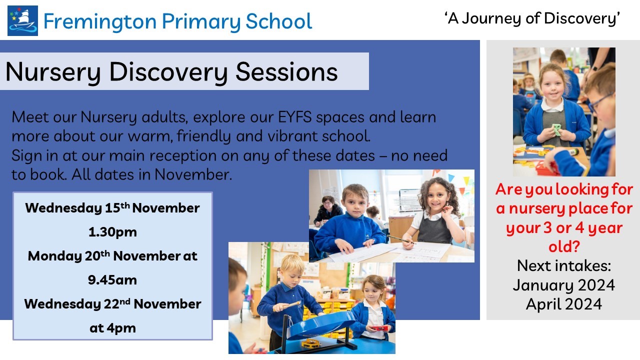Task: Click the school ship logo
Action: click(x=22, y=20)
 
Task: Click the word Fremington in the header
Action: click(x=100, y=21)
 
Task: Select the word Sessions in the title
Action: click(x=286, y=72)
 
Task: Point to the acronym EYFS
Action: click(x=294, y=117)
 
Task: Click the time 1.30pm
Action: click(x=112, y=232)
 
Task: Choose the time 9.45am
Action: click(x=112, y=280)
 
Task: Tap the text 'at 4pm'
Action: click(x=112, y=328)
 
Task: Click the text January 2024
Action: click(x=563, y=285)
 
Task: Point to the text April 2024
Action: click(x=563, y=304)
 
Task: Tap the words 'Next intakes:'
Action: click(x=563, y=265)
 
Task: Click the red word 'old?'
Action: click(x=563, y=246)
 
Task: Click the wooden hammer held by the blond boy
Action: click(x=287, y=305)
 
